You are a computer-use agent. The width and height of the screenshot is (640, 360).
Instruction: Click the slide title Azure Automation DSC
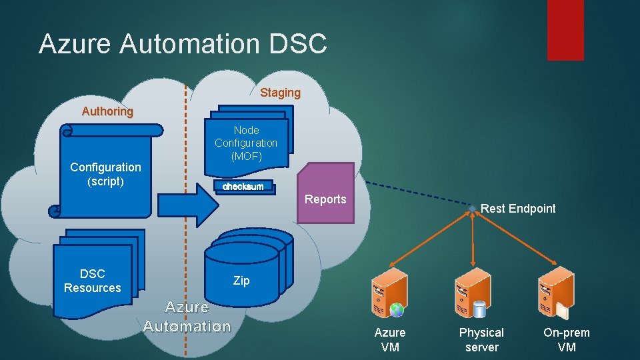[x=183, y=44]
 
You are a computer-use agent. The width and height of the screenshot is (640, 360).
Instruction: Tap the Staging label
[x=280, y=93]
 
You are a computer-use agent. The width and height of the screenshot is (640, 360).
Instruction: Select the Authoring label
[x=107, y=111]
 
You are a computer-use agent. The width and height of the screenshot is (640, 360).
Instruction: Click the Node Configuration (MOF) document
[x=246, y=143]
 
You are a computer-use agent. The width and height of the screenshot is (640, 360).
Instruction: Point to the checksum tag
[x=243, y=187]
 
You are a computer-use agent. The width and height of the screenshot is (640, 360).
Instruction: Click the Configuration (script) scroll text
[x=105, y=174]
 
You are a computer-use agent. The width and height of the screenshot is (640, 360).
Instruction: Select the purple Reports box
[x=325, y=193]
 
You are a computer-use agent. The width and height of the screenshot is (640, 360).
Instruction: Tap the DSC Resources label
[x=92, y=281]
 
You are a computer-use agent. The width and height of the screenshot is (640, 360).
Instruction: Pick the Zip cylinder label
[x=241, y=281]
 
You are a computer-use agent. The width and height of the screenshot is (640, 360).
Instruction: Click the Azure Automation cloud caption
[x=187, y=317]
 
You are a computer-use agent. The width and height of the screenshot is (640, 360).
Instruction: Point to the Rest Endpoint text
[x=518, y=209]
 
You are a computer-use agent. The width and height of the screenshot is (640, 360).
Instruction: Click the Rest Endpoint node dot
[x=472, y=209]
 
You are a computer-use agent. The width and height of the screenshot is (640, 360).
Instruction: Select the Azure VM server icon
[x=389, y=293]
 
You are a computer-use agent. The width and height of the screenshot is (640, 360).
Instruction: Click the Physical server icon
[x=473, y=293]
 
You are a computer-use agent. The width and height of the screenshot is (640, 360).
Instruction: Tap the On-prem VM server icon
[x=555, y=293]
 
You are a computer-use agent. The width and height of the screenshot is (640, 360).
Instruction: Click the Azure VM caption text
[x=390, y=339]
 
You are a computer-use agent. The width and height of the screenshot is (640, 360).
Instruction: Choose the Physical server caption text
[x=481, y=339]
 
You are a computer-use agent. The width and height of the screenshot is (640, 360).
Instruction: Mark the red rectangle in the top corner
[x=565, y=30]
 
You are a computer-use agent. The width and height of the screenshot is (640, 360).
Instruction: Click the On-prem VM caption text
[x=567, y=339]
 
